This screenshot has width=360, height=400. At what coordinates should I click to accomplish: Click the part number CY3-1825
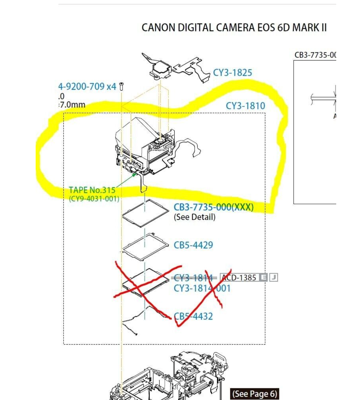pyautogui.click(x=232, y=73)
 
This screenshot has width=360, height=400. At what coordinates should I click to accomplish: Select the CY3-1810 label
pyautogui.click(x=245, y=106)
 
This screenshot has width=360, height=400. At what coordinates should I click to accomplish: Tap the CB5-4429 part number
pyautogui.click(x=193, y=245)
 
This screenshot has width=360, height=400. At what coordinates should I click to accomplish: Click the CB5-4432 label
pyautogui.click(x=194, y=316)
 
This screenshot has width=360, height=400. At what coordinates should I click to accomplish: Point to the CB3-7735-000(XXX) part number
pyautogui.click(x=213, y=207)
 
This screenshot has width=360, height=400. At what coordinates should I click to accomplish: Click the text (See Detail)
pyautogui.click(x=195, y=217)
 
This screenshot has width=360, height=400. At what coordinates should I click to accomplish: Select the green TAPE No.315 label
pyautogui.click(x=92, y=190)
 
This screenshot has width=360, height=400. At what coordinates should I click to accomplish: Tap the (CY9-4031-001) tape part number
pyautogui.click(x=94, y=199)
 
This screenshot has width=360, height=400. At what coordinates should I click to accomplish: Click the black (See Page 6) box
pyautogui.click(x=255, y=394)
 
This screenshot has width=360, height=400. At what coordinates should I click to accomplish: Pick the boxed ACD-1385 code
pyautogui.click(x=239, y=278)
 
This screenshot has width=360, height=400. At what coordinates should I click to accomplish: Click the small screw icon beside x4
pyautogui.click(x=121, y=86)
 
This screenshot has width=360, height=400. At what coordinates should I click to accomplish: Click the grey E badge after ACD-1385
pyautogui.click(x=263, y=278)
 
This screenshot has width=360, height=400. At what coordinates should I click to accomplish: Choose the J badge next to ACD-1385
pyautogui.click(x=274, y=278)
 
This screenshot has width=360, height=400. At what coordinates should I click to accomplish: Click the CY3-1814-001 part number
pyautogui.click(x=202, y=288)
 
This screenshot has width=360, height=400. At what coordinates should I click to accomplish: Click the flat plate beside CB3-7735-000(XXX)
pyautogui.click(x=146, y=213)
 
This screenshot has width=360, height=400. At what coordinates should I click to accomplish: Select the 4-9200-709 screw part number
pyautogui.click(x=81, y=86)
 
